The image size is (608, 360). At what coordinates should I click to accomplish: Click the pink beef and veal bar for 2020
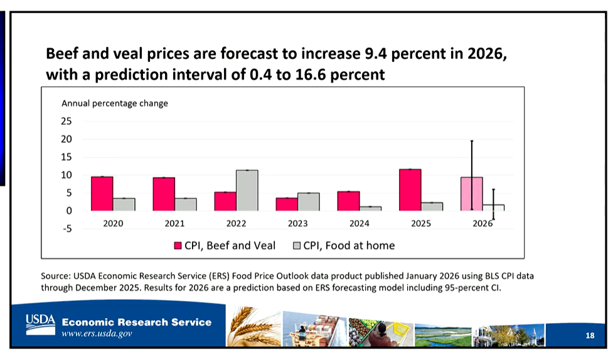[x=102, y=194]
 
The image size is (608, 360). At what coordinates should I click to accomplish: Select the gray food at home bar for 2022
[x=247, y=191]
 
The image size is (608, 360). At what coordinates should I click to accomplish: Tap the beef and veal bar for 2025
[x=410, y=190]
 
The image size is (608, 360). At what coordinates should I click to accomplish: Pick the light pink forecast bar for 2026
[x=472, y=194]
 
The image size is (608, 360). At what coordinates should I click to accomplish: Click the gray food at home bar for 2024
[x=370, y=208]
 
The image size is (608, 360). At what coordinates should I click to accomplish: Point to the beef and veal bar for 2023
[x=287, y=204]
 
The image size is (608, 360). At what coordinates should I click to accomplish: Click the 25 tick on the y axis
[x=67, y=121]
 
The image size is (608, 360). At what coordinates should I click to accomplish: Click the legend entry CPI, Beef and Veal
[x=224, y=246]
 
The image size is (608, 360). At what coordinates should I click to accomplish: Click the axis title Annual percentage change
[x=114, y=103]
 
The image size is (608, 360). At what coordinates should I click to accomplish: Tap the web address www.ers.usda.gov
[x=97, y=334]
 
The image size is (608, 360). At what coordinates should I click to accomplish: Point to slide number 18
[x=589, y=336]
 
